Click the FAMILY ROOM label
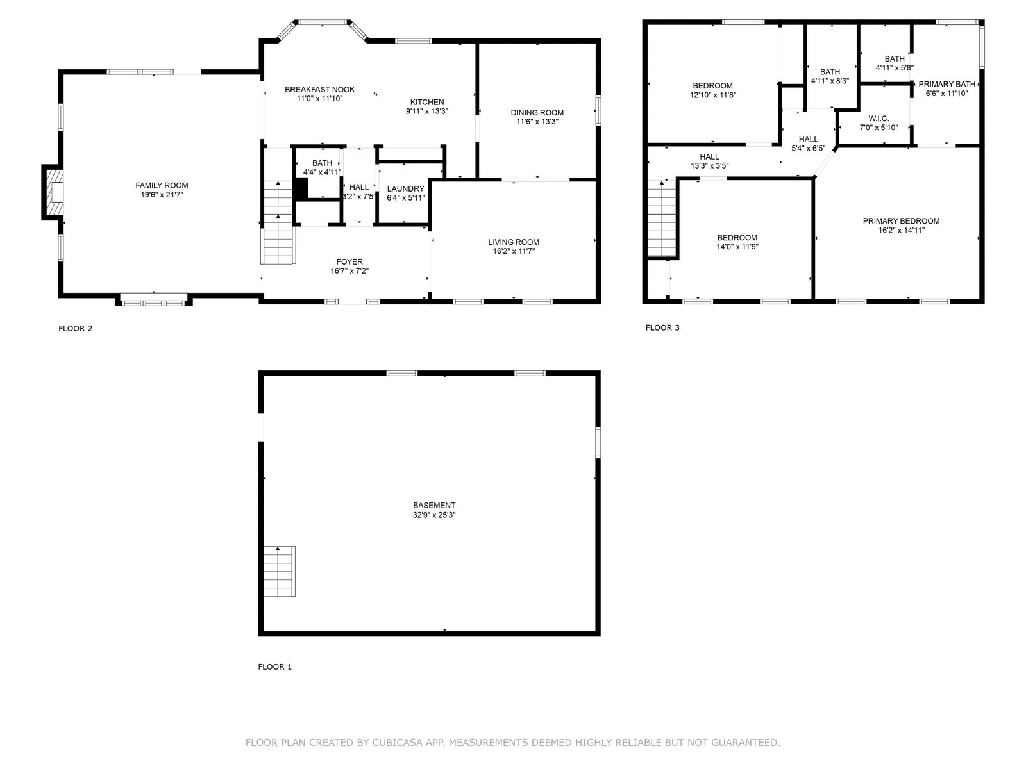[162, 185]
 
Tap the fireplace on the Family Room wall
[53, 192]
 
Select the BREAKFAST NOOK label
[320, 89]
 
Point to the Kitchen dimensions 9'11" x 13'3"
[427, 111]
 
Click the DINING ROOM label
[537, 113]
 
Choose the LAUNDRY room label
[406, 188]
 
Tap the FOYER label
[349, 261]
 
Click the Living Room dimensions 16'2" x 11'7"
[514, 251]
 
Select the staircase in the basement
[279, 570]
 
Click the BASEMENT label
[434, 505]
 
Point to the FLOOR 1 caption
[275, 666]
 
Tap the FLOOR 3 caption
[662, 327]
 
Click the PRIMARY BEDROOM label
[901, 221]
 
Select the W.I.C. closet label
[879, 119]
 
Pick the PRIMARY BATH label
[947, 84]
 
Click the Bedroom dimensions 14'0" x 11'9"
[737, 247]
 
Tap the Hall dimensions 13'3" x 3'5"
[710, 166]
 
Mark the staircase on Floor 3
[662, 218]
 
